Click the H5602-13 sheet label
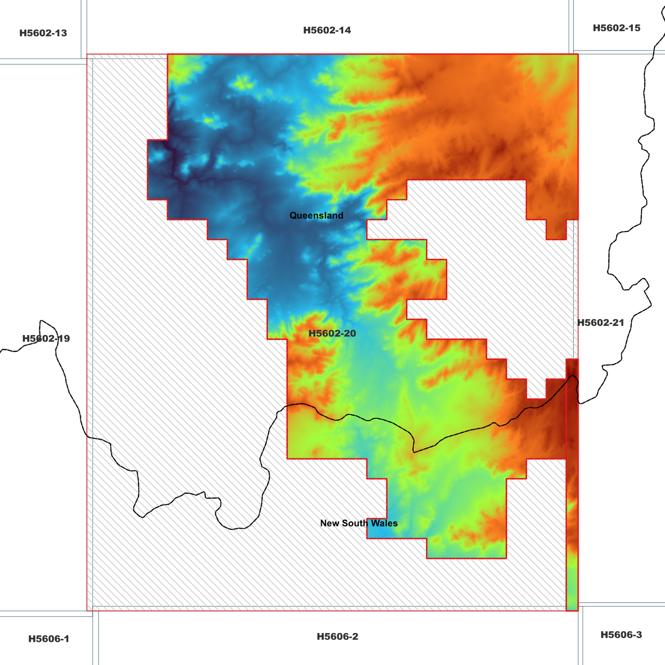[x=43, y=33]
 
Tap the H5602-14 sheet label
[x=327, y=30]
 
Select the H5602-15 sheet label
[x=616, y=28]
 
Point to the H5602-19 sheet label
[x=46, y=339]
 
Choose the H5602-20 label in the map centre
[x=332, y=333]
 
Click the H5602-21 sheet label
[x=601, y=323]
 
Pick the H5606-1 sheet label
[x=48, y=639]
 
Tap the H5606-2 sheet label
[x=337, y=636]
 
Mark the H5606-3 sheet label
[x=621, y=635]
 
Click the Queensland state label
[x=316, y=215]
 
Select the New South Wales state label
[x=359, y=523]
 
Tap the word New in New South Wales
[x=329, y=523]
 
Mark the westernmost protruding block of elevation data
[x=157, y=169]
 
